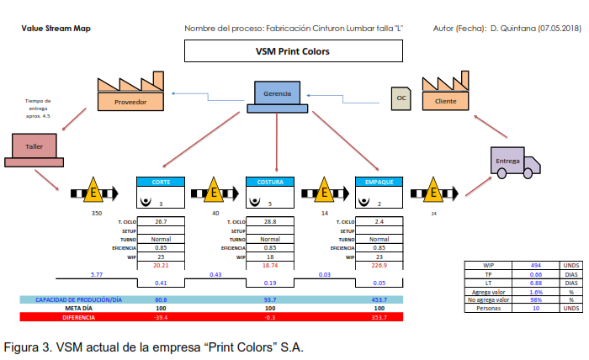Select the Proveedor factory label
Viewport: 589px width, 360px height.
click(130, 102)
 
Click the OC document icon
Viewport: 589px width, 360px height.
click(401, 98)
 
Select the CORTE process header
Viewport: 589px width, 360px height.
click(160, 182)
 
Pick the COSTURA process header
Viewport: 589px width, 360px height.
click(270, 182)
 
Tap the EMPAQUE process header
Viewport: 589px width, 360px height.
click(379, 182)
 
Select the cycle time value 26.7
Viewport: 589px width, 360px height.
click(160, 222)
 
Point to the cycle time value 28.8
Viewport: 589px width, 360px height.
click(270, 222)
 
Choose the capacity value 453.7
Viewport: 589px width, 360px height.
click(379, 299)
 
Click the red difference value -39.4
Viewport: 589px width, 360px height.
click(160, 318)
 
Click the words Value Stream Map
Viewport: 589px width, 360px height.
click(56, 29)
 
